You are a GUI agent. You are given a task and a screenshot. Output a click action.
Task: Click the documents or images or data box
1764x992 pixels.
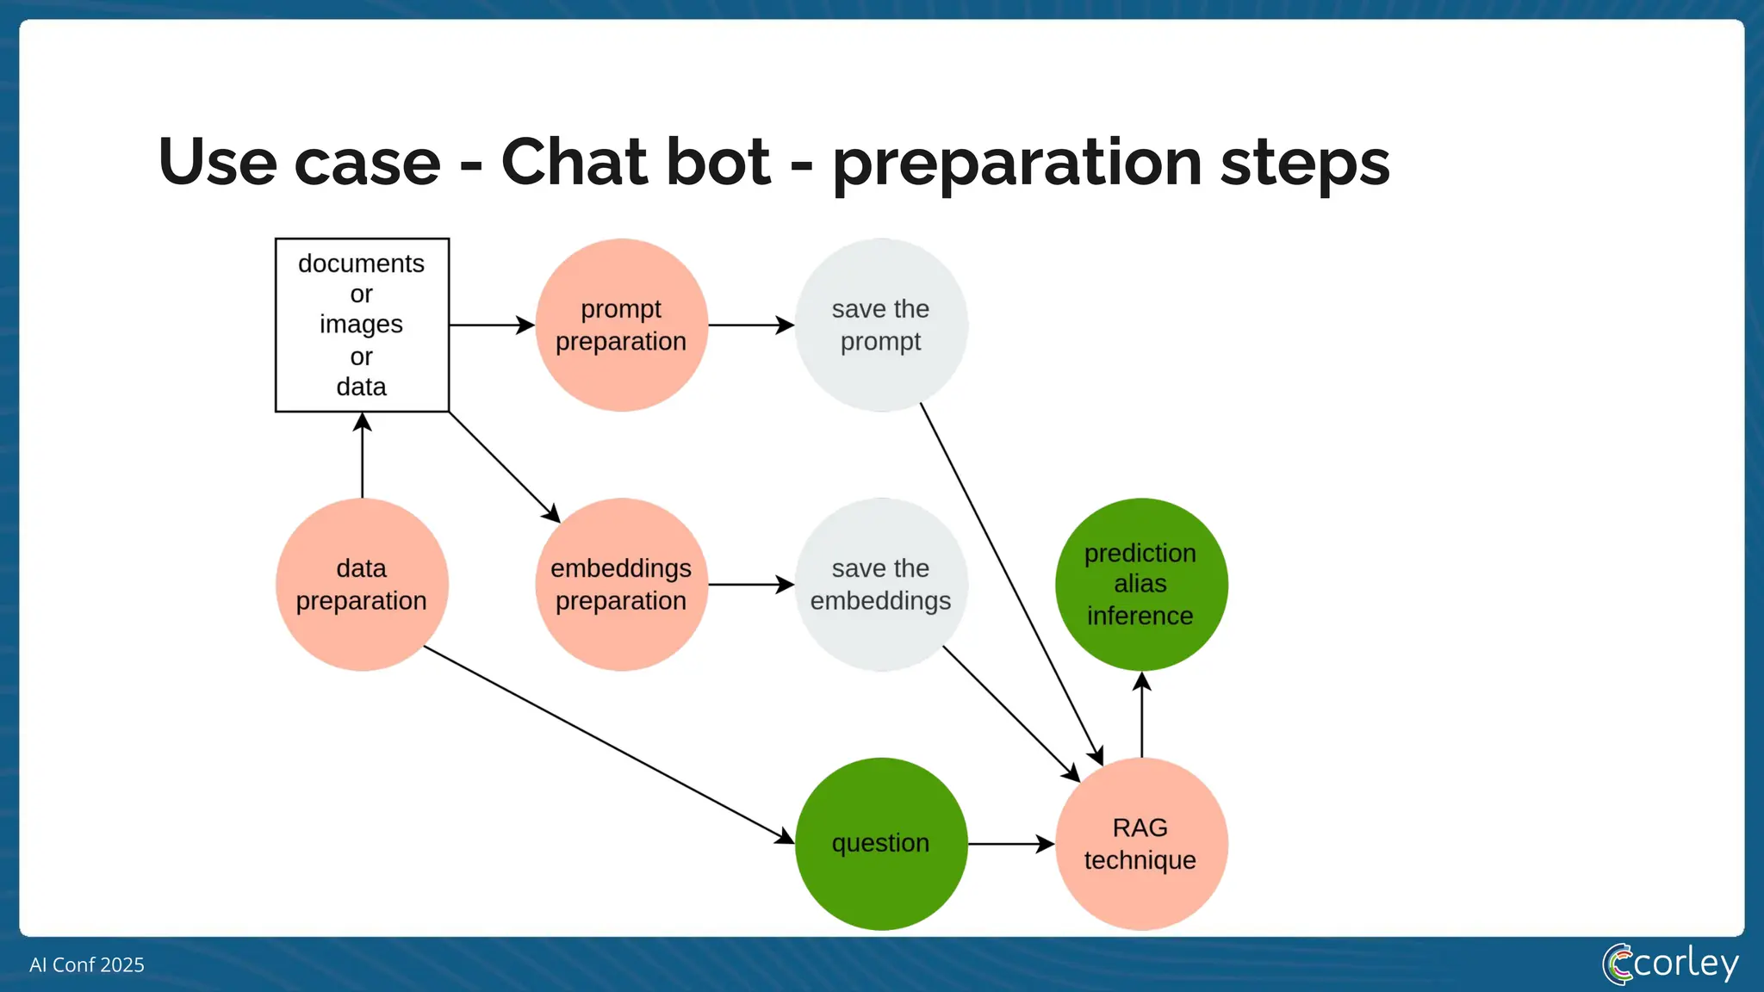362,325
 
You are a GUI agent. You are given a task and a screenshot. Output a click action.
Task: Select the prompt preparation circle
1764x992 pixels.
621,325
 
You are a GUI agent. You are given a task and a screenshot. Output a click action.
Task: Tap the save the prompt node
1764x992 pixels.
880,325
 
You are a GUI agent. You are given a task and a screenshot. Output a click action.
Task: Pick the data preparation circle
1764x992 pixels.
362,584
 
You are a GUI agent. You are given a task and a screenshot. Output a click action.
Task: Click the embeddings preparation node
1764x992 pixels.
621,584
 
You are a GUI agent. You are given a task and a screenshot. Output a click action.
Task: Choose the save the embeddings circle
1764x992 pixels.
880,584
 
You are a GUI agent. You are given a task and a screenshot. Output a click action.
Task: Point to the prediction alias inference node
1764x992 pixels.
1140,584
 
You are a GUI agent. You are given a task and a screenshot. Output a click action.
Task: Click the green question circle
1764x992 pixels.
880,843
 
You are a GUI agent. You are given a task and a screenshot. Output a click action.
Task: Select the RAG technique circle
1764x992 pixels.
1140,843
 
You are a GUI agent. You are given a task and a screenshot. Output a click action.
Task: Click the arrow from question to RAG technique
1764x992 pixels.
1010,844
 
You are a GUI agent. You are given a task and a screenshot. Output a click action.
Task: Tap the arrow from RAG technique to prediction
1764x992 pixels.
1141,715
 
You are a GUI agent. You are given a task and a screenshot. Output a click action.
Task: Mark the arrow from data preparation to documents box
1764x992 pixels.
363,456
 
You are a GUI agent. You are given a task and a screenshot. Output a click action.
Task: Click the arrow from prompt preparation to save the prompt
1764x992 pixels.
750,325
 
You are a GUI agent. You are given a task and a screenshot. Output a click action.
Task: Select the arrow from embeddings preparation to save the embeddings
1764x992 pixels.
750,585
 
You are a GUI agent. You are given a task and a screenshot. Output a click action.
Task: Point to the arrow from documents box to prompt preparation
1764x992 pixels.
491,325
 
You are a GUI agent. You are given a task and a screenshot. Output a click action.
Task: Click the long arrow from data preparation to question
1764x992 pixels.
607,744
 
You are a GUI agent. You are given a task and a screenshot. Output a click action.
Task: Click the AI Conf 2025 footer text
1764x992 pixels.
87,964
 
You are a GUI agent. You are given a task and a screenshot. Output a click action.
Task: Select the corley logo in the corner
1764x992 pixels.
1671,964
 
